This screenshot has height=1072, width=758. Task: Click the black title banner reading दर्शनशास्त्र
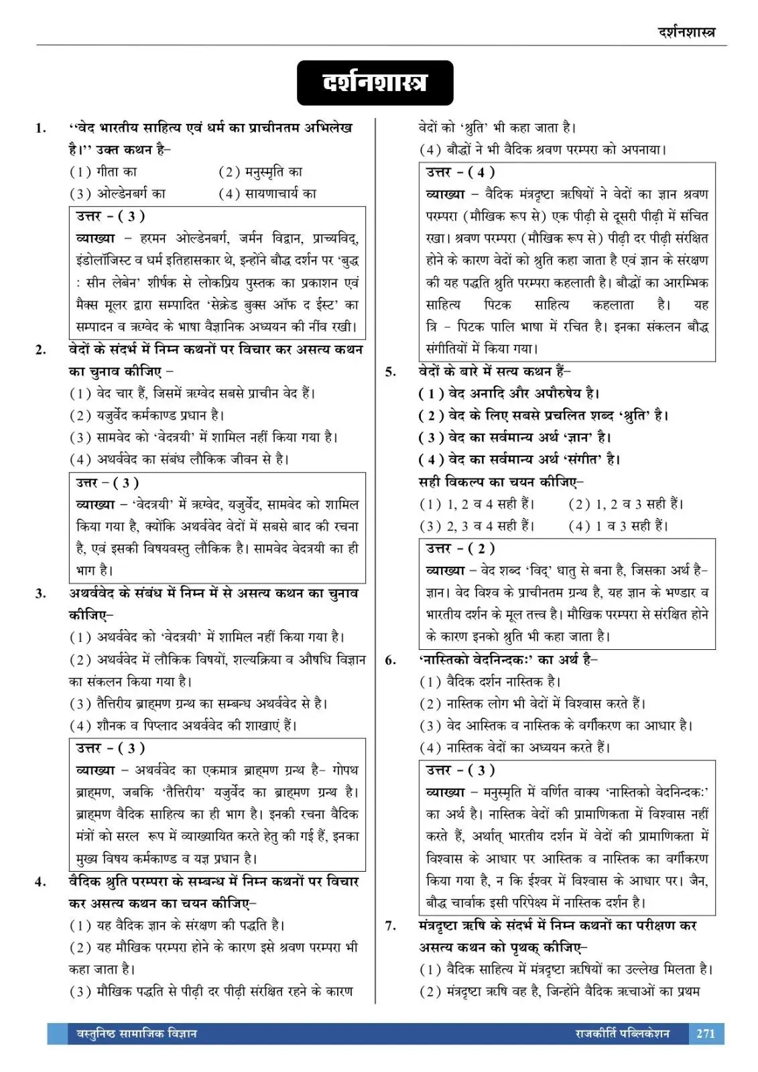[375, 83]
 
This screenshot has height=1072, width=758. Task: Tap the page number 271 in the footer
[706, 1033]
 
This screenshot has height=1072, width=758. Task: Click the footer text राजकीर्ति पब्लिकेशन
[622, 1033]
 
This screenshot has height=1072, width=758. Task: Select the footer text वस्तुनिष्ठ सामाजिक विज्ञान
[133, 1033]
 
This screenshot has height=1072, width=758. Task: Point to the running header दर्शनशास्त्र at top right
[692, 31]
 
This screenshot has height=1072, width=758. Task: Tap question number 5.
[391, 372]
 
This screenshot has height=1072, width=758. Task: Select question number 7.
[391, 926]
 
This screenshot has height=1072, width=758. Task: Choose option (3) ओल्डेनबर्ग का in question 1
[118, 194]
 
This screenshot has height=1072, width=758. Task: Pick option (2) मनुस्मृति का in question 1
[261, 172]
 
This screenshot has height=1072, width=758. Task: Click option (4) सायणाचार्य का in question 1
[267, 194]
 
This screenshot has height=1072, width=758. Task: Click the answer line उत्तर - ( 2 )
[460, 549]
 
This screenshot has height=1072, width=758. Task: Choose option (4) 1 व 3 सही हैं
[618, 526]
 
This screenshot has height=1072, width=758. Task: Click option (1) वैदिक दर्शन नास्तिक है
[490, 682]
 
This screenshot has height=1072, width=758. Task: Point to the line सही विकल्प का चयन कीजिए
[501, 482]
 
